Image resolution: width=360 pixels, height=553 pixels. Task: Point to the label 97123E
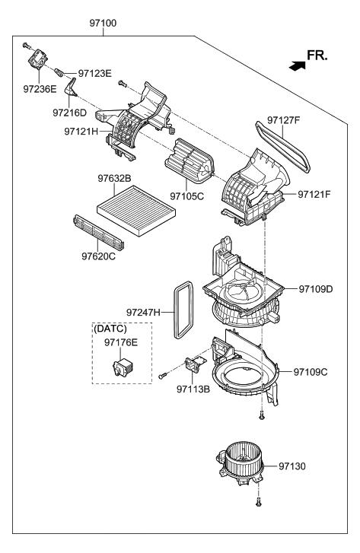[94, 74]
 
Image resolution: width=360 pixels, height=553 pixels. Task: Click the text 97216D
[70, 113]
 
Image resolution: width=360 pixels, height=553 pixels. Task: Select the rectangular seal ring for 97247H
[181, 309]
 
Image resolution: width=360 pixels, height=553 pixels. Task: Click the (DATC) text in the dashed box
[110, 329]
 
